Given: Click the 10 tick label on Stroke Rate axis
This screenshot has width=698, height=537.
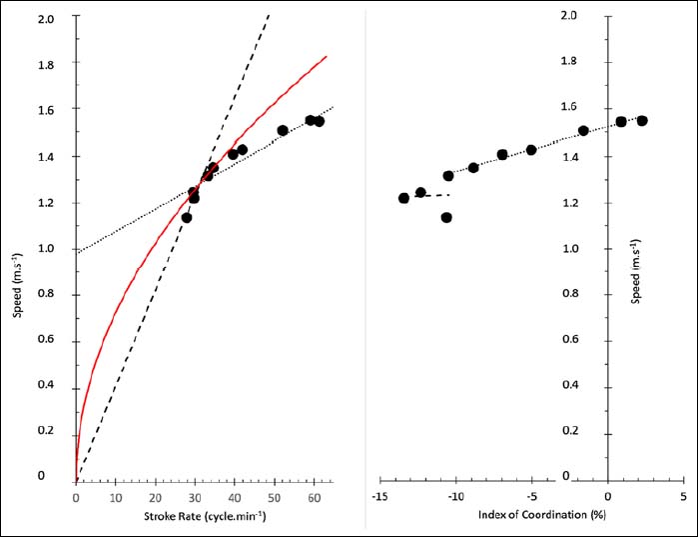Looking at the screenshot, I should coord(116,497).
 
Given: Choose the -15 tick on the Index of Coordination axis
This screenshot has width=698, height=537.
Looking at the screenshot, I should coord(380,496).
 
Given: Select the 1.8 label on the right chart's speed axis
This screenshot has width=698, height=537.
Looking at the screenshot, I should coord(570,61).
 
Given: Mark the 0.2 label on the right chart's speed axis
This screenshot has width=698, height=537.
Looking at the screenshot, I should coord(570,430).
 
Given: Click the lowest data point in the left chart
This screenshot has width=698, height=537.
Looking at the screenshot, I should coord(187,217).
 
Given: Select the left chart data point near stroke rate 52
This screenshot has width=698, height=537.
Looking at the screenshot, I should coord(283,130).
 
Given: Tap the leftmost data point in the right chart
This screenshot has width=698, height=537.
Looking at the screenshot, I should coord(403,198).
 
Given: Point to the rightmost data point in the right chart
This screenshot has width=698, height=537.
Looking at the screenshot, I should coord(642,121).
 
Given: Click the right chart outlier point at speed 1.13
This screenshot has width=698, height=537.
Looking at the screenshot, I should coord(446,217).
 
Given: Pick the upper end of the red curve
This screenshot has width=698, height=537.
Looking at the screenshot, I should coord(326,57).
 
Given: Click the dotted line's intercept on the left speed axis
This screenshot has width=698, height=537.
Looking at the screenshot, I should coord(77,251).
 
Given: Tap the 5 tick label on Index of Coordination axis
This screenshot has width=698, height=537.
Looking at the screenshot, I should coord(683,496).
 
